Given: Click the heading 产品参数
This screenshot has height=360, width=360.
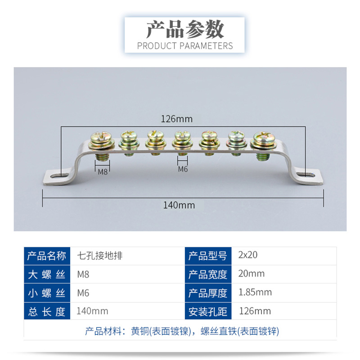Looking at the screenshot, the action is click(184, 30).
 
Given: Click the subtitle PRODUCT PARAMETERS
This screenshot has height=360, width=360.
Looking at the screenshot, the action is click(184, 45).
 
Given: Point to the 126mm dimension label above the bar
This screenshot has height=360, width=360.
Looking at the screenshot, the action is click(176, 119).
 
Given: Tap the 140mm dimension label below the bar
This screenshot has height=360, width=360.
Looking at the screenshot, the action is click(179, 205).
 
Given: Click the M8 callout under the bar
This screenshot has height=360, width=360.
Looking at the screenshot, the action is click(103, 171).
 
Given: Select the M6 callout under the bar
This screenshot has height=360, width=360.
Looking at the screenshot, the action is click(183, 169).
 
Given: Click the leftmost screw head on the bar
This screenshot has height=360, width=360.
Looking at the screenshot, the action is click(99, 137).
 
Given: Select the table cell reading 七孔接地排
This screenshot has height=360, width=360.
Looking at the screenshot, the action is click(100, 255).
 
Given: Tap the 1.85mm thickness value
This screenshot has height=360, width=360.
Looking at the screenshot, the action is click(255, 292).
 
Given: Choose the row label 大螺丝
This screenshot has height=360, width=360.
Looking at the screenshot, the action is click(47, 274).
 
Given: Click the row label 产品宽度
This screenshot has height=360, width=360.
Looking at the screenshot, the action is click(207, 274).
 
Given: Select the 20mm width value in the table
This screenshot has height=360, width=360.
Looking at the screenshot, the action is click(251, 274).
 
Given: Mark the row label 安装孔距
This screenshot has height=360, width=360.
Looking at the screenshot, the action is click(207, 311).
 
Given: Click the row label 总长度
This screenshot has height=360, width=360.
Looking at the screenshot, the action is click(47, 311).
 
